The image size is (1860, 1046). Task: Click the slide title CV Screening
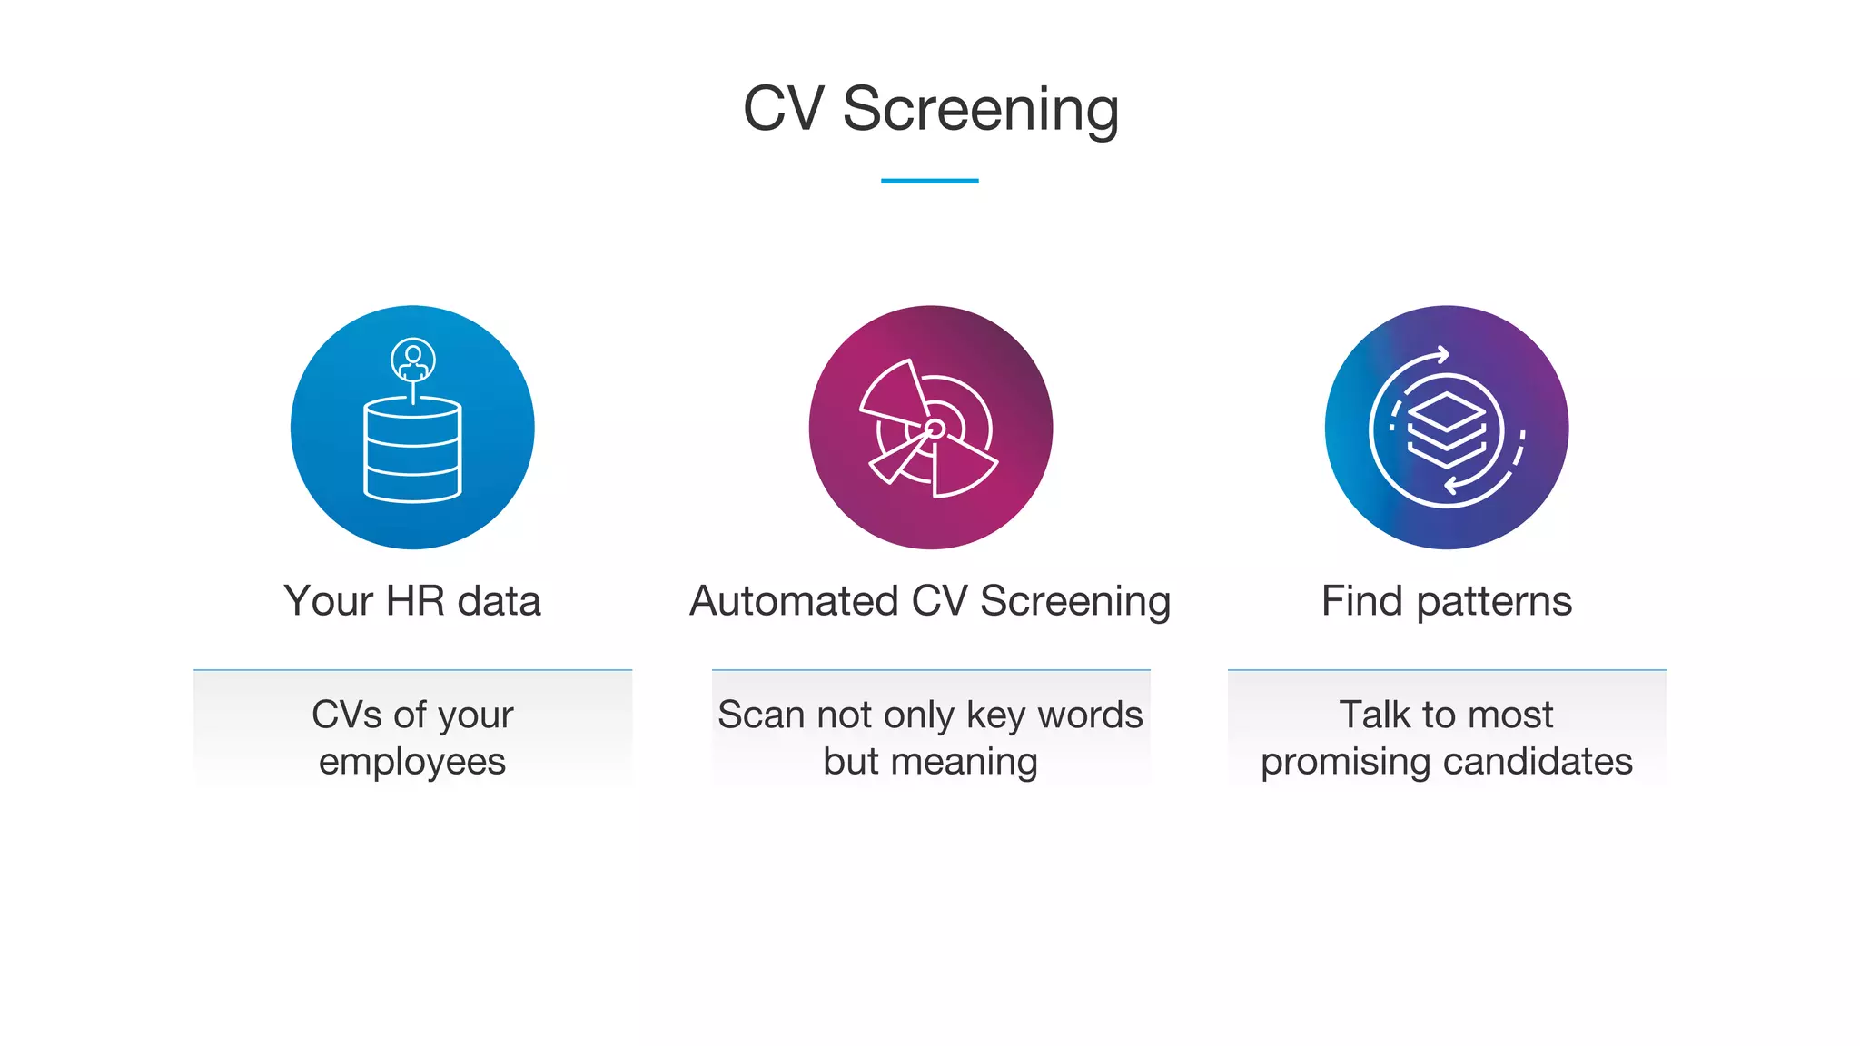pyautogui.click(x=930, y=109)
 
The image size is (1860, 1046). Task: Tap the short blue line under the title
pyautogui.click(x=929, y=181)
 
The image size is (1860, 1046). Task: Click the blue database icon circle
pyautogui.click(x=412, y=428)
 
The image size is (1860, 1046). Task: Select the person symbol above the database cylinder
pyautogui.click(x=413, y=360)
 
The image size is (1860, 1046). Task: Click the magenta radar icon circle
pyautogui.click(x=930, y=428)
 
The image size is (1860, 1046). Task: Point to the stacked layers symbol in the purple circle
pyautogui.click(x=1446, y=429)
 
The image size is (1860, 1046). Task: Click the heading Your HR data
pyautogui.click(x=412, y=601)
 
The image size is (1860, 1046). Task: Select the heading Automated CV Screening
pyautogui.click(x=930, y=601)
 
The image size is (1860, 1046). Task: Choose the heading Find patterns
pyautogui.click(x=1446, y=601)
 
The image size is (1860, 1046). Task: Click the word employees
pyautogui.click(x=412, y=761)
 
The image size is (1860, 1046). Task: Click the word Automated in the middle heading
pyautogui.click(x=794, y=601)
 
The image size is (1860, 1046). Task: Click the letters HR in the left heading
pyautogui.click(x=415, y=601)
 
